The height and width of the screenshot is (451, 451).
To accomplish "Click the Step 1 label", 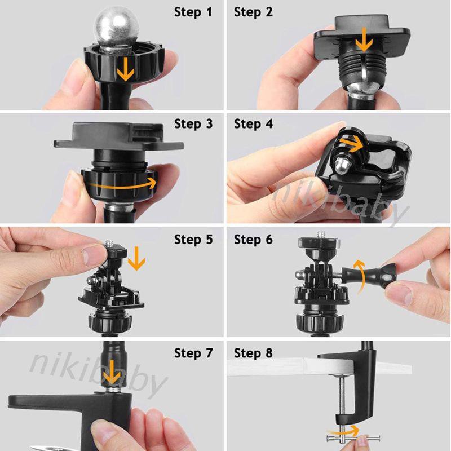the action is coord(193,12).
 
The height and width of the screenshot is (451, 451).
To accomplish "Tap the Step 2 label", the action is coord(253,12).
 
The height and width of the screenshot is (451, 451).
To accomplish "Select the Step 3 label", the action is coord(193,124).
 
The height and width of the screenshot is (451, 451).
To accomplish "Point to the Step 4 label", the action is coord(253,124).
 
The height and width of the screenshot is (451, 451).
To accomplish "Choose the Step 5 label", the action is coord(193,240).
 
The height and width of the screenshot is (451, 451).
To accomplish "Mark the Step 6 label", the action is coord(253,240).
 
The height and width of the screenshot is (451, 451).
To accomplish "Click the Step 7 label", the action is coord(193,353).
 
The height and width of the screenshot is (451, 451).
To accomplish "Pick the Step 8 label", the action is coord(253,353).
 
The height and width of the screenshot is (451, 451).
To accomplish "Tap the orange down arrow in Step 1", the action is coord(126,69).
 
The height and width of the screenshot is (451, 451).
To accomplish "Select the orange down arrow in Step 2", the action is coord(364,39).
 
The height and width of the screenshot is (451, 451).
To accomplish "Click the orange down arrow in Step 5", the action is coord(136,259).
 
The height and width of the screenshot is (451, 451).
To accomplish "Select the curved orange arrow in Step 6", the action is coord(360,276).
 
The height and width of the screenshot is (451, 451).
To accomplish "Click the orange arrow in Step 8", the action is coord(344,432).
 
